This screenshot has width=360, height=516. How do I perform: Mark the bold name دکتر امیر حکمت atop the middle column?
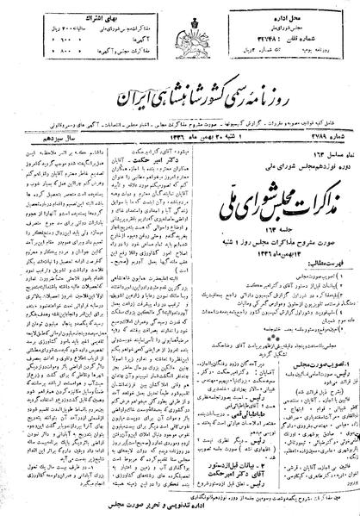tap(173, 138)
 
